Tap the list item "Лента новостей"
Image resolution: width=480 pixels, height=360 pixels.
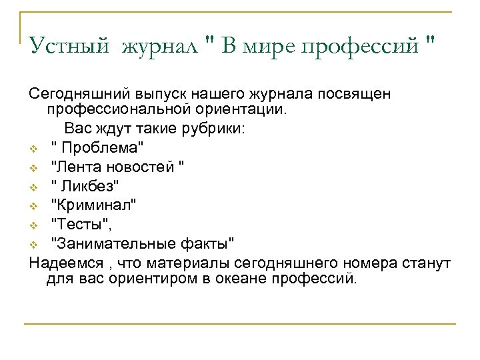(117, 163)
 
